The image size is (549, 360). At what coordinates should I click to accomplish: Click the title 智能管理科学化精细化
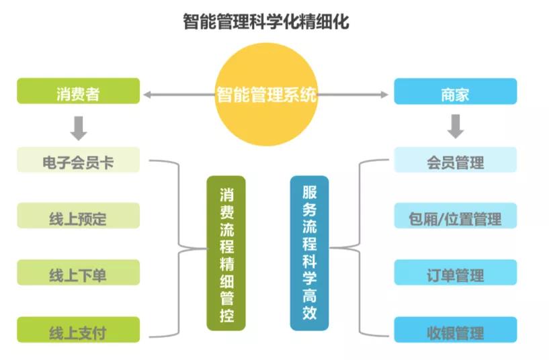tap(266, 21)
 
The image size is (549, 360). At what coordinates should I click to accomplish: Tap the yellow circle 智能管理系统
tap(266, 94)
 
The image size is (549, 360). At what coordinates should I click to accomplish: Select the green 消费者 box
tap(79, 91)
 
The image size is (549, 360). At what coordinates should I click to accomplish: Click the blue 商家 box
tap(456, 91)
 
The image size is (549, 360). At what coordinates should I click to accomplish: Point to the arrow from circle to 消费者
tap(179, 95)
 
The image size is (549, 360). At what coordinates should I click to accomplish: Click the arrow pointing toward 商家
tap(353, 95)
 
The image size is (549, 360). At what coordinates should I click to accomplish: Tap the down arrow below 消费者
tap(79, 128)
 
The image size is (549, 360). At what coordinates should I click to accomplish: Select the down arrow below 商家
tap(456, 126)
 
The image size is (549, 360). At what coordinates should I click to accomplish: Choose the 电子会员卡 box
tap(79, 160)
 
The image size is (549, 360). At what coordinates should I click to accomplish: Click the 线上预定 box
tap(79, 216)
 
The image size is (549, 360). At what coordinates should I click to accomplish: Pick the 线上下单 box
tap(79, 273)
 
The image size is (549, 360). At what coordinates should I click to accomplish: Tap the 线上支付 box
tap(79, 330)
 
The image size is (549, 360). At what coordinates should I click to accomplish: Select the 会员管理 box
tap(456, 160)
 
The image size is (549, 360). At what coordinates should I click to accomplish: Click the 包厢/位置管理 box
tap(456, 216)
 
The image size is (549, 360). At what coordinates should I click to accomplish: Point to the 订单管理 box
tap(456, 273)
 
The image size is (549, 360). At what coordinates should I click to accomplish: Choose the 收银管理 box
tap(456, 330)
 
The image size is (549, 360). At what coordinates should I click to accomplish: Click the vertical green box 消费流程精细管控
tap(226, 253)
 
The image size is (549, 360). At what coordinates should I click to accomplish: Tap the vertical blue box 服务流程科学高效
tap(310, 253)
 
